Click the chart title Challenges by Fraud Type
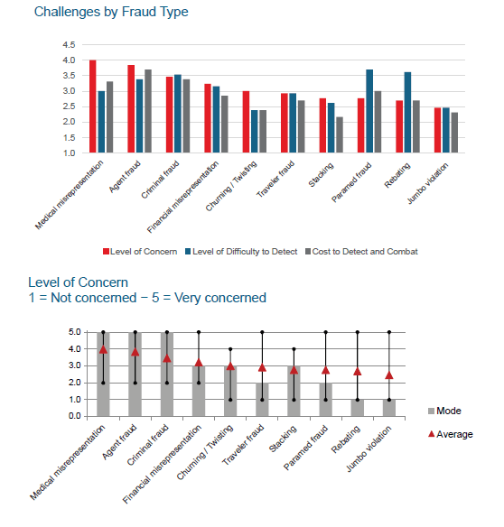[x=111, y=12]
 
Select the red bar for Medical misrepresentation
[x=92, y=106]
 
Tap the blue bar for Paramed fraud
[x=369, y=111]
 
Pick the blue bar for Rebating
[x=407, y=113]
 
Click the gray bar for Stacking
[x=340, y=134]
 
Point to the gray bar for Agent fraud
[x=148, y=111]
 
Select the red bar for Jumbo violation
[x=437, y=131]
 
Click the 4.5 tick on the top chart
[x=69, y=45]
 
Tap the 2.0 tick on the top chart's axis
[x=69, y=122]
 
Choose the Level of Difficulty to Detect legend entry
[x=241, y=252]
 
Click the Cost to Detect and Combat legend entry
[x=361, y=252]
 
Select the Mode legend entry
[x=444, y=411]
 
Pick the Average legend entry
[x=451, y=434]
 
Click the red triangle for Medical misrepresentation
[x=103, y=349]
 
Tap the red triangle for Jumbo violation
[x=389, y=375]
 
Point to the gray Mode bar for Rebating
[x=358, y=408]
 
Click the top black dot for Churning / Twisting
[x=230, y=349]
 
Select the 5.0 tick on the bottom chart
[x=75, y=332]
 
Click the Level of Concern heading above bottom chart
[x=78, y=282]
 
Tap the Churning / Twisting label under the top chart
[x=231, y=186]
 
